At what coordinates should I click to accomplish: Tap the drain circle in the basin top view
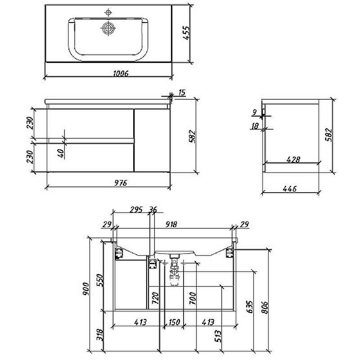[x=108, y=29]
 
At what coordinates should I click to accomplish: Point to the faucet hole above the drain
[x=108, y=12]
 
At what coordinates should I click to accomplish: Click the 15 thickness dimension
[x=181, y=93]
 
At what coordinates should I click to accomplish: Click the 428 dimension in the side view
[x=293, y=159]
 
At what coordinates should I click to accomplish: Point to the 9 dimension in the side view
[x=255, y=112]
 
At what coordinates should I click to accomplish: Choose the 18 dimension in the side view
[x=255, y=126]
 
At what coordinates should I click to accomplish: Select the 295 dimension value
[x=135, y=209]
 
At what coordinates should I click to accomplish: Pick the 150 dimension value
[x=174, y=322]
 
